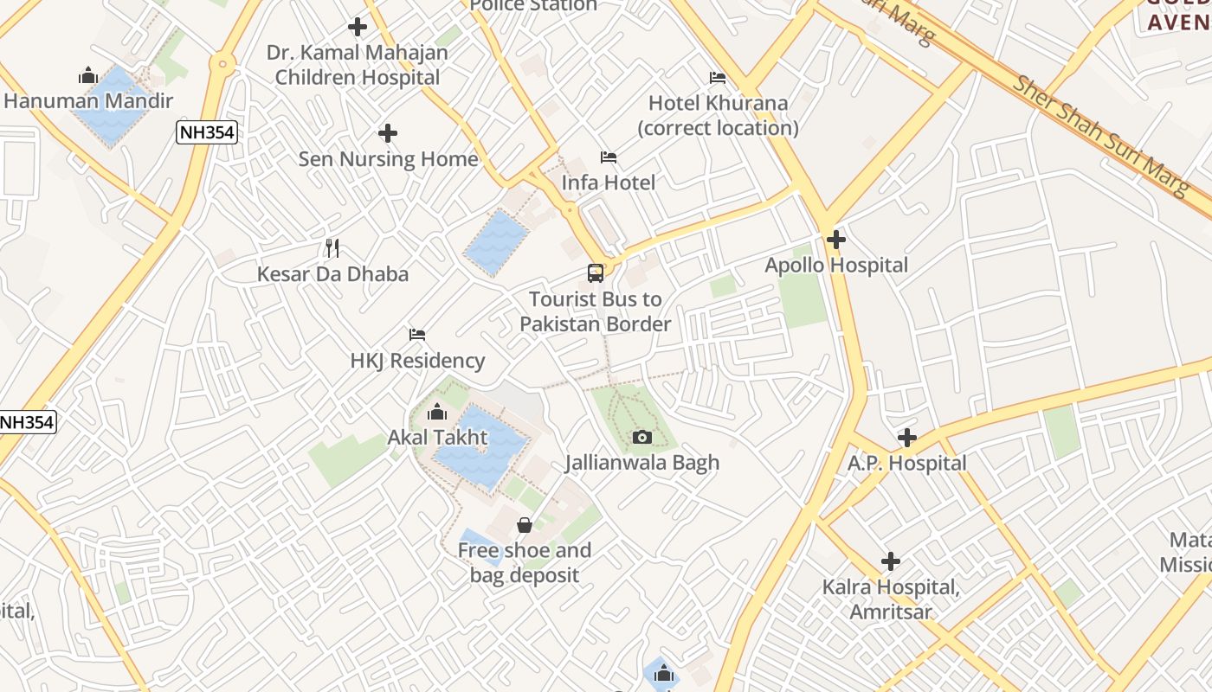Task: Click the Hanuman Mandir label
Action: (88, 101)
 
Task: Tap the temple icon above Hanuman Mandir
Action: (87, 76)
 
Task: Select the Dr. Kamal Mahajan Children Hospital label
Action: (357, 65)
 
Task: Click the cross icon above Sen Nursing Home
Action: (388, 133)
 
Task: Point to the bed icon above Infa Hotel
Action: (609, 157)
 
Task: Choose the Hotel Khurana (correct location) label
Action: (718, 115)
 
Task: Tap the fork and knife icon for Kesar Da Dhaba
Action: (332, 248)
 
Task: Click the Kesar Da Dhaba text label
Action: (332, 274)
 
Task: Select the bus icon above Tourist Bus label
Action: (596, 273)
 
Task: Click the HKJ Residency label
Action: (417, 360)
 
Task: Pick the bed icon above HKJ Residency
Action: (417, 335)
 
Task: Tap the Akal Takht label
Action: (437, 437)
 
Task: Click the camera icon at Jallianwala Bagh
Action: (641, 437)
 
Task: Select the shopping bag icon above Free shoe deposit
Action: (525, 525)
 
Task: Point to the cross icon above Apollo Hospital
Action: (836, 240)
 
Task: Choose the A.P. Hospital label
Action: (906, 463)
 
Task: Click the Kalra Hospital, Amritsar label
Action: (891, 599)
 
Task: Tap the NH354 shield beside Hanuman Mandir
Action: (206, 132)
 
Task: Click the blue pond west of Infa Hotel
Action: (495, 242)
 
